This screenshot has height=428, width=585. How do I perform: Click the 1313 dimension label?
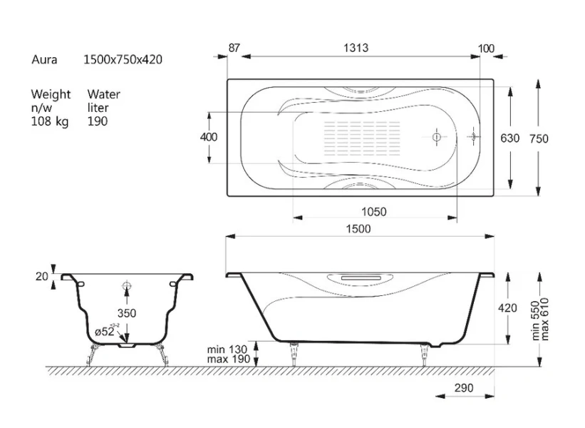click(356, 48)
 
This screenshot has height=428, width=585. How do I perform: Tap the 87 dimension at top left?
click(234, 49)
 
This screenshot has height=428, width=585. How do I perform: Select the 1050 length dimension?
click(374, 212)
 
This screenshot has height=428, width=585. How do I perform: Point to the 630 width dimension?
click(510, 138)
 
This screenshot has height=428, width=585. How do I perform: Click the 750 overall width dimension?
click(539, 138)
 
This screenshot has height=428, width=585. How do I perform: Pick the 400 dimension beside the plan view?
click(209, 137)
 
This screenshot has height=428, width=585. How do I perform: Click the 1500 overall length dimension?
click(358, 228)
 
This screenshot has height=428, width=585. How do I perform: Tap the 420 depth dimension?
click(507, 307)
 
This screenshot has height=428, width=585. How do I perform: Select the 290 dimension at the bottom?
click(464, 388)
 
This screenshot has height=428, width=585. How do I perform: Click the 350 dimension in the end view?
click(127, 313)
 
